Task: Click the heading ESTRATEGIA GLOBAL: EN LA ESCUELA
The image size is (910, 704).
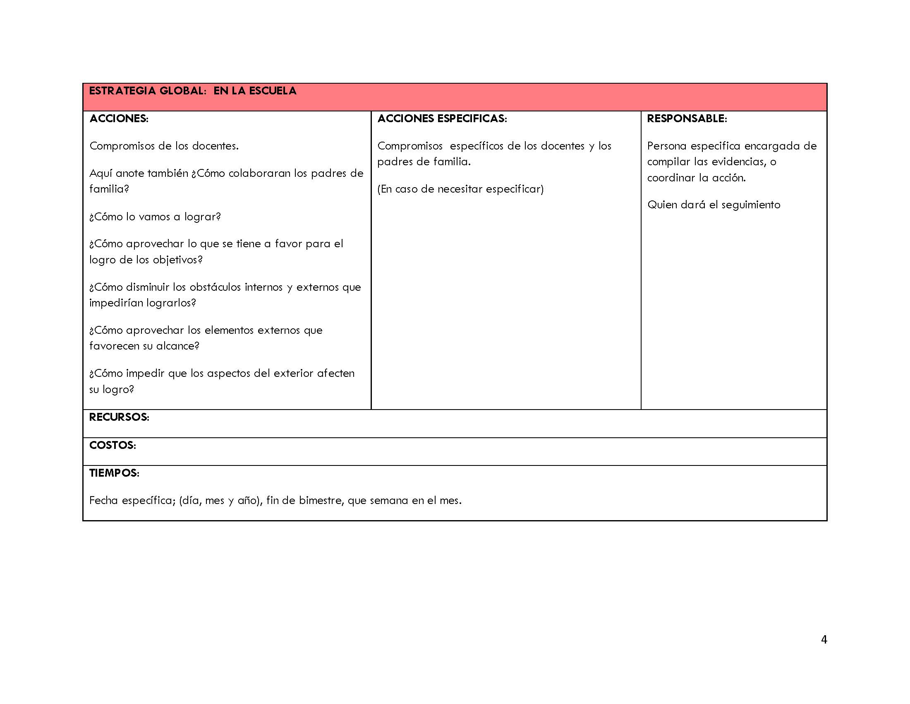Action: click(x=192, y=91)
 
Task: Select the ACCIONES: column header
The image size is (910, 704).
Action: click(x=119, y=119)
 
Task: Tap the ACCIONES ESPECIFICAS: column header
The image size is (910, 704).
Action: click(x=442, y=119)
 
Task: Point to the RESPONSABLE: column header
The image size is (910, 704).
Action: click(x=687, y=119)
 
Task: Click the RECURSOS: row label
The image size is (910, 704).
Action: click(x=119, y=417)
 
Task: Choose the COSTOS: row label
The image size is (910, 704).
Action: click(x=113, y=446)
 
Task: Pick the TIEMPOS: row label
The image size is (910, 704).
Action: click(x=114, y=473)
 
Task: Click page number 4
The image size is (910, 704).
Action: click(x=824, y=640)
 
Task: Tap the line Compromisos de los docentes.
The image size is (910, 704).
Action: click(x=164, y=146)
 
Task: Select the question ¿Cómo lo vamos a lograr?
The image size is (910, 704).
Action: click(x=155, y=217)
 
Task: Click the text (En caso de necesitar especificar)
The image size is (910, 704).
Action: click(x=460, y=189)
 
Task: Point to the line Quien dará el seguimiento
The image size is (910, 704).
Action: click(x=714, y=205)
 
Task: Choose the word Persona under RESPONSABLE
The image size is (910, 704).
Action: click(x=667, y=146)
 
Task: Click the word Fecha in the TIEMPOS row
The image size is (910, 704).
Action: click(x=104, y=501)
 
